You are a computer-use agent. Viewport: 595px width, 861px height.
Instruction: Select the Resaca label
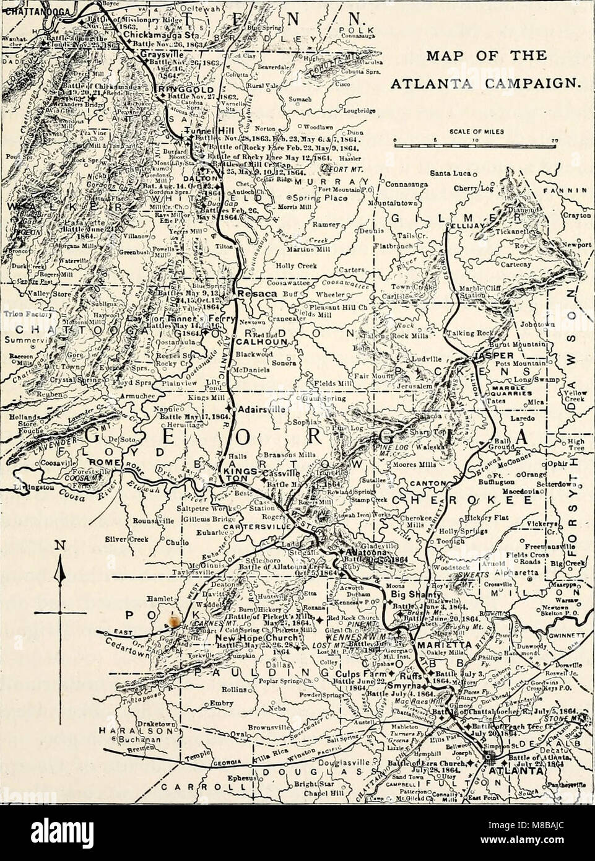[x=250, y=290]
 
